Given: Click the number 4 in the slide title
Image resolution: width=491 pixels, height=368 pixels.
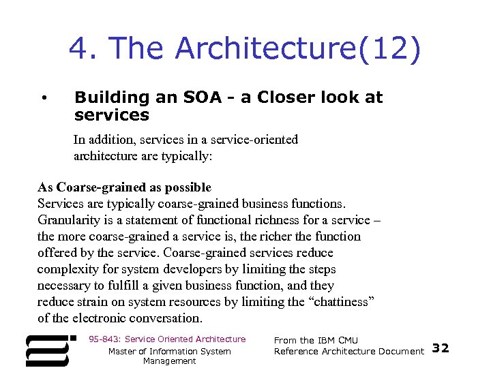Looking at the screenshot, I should coord(80,48).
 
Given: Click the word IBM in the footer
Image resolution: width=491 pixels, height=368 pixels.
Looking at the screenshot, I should coord(327,340).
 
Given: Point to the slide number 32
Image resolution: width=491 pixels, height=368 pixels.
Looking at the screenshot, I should coord(441,348).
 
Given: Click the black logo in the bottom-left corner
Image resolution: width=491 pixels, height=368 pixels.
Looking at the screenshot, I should coord(48,350).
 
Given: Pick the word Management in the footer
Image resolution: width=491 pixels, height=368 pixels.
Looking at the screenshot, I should coord(170,361).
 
